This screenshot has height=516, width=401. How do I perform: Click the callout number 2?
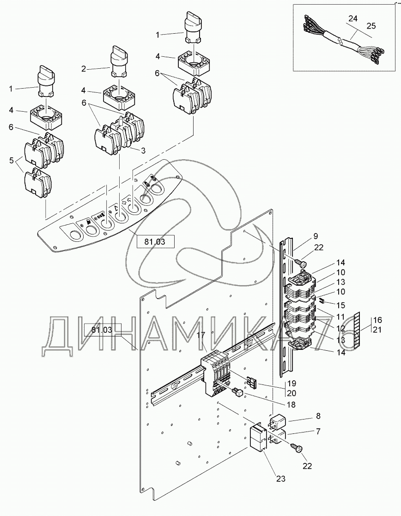point(84,69)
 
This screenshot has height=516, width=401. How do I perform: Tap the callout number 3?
point(143,151)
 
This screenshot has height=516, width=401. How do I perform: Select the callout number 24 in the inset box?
point(352,19)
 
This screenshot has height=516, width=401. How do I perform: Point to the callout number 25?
point(371,26)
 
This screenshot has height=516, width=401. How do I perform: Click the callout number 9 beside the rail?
point(316,236)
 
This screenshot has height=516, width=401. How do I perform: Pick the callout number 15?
point(340,306)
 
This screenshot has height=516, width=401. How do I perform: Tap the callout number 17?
point(201,335)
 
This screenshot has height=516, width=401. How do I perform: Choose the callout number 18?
point(291,405)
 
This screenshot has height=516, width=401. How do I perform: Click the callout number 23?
point(281,479)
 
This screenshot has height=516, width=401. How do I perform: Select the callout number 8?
point(318,416)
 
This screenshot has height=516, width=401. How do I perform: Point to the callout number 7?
point(318,431)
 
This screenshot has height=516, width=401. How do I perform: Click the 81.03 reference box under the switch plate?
point(155,242)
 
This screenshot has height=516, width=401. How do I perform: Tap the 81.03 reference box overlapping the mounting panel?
point(103,330)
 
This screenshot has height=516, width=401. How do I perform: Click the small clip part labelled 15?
point(322,300)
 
